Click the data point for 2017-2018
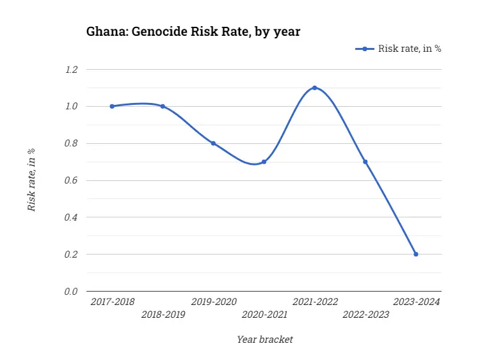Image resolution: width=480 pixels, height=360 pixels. [112, 106]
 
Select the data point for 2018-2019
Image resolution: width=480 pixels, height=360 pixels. [163, 106]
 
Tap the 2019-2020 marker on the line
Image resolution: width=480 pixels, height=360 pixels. [213, 143]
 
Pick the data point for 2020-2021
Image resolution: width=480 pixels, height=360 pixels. [264, 162]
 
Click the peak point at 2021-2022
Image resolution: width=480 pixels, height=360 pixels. [314, 88]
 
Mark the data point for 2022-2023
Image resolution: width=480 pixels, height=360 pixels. [365, 162]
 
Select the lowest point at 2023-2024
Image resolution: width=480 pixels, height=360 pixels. [416, 254]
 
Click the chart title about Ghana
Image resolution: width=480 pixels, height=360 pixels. [193, 31]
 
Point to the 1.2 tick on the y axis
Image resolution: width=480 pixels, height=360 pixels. [71, 69]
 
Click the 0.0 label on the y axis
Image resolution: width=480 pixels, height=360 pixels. [71, 292]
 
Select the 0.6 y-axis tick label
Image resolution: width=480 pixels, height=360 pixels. [71, 180]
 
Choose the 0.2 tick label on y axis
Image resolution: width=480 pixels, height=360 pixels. [71, 254]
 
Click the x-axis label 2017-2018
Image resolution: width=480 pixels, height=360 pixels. [112, 301]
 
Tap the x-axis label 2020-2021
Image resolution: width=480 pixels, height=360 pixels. [264, 315]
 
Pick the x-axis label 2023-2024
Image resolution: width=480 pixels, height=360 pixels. [416, 301]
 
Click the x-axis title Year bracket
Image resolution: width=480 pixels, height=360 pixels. [264, 340]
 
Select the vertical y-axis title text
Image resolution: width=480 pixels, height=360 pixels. [31, 180]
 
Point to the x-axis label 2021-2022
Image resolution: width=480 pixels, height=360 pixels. [315, 301]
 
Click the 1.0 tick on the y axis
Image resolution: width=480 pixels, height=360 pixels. [71, 106]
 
